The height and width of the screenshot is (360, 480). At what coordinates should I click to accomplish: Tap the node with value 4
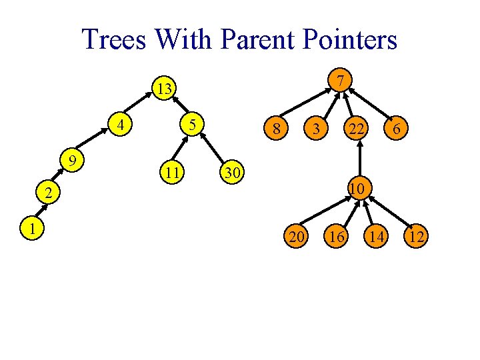pyautogui.click(x=121, y=125)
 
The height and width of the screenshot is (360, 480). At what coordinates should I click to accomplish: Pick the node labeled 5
pyautogui.click(x=191, y=125)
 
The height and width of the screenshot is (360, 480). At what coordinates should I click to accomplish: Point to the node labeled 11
pyautogui.click(x=173, y=173)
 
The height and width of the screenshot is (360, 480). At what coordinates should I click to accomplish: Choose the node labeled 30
pyautogui.click(x=232, y=172)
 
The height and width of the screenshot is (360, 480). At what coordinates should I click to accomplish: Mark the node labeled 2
pyautogui.click(x=47, y=194)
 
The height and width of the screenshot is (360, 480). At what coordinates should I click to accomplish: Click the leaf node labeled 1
pyautogui.click(x=31, y=228)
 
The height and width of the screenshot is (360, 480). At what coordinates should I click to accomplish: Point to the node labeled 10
pyautogui.click(x=357, y=189)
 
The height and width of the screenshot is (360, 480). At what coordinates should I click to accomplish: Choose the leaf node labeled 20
pyautogui.click(x=295, y=235)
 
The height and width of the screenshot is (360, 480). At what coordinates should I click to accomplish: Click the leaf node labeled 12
pyautogui.click(x=417, y=235)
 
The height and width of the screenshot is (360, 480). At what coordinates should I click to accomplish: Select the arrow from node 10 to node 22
pyautogui.click(x=359, y=160)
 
